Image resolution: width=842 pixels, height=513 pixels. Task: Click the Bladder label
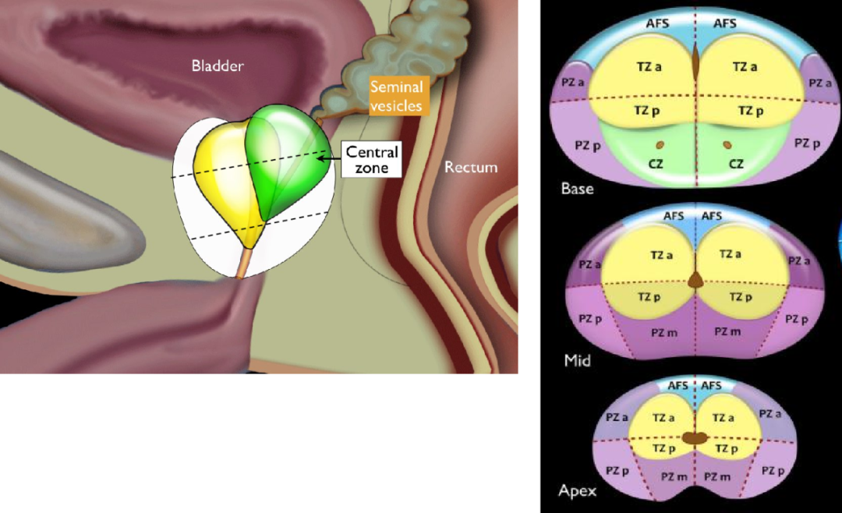pos(218,65)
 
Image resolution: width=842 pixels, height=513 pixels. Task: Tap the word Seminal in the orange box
pos(396,87)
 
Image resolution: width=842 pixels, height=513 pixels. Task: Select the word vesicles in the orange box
pos(396,105)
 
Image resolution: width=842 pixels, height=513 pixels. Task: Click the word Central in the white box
pos(372,152)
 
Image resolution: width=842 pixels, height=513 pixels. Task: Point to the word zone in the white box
pos(372,168)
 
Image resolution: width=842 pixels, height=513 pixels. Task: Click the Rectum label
pos(470,167)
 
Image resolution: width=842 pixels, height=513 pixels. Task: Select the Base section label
pos(577,189)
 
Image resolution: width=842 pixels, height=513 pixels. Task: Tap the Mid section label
pos(577,360)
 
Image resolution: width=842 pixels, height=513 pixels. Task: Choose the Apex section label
pos(577,490)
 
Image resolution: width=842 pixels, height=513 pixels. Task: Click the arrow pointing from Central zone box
pos(329,158)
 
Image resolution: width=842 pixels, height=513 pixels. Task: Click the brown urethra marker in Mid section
pos(696,280)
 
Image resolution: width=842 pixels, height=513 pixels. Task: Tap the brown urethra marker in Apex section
pos(695,438)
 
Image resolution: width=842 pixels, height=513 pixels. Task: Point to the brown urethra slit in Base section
pos(696,62)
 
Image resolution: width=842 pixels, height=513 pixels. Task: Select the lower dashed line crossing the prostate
pos(260,225)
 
